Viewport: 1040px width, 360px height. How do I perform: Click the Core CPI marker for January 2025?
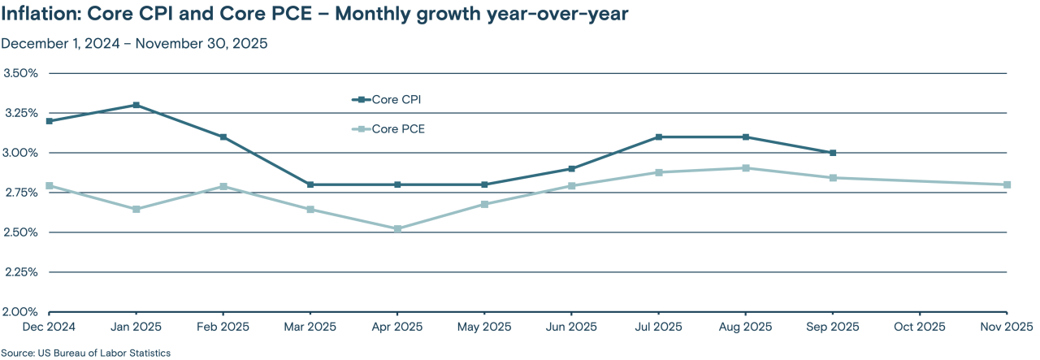[136, 105]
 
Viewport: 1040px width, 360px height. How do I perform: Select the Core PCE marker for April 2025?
[397, 228]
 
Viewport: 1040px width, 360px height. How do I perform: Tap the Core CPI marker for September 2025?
[833, 153]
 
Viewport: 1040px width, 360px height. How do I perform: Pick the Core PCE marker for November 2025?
[1007, 184]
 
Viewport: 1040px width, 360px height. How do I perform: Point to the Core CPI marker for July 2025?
[658, 137]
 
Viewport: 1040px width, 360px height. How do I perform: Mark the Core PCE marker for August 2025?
[746, 168]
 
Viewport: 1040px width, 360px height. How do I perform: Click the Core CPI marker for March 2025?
[310, 184]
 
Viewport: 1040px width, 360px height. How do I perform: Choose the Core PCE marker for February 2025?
[223, 187]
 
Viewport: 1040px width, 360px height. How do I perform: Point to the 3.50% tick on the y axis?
[21, 73]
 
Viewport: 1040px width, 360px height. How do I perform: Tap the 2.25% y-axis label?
[21, 272]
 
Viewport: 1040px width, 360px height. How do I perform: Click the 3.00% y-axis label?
[21, 153]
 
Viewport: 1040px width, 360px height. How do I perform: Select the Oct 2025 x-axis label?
[920, 327]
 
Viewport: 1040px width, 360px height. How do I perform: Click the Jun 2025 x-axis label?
[571, 327]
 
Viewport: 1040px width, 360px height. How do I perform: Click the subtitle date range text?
[134, 44]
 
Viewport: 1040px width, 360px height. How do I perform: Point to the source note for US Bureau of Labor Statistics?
[85, 353]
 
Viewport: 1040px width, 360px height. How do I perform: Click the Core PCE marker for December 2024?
[50, 186]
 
